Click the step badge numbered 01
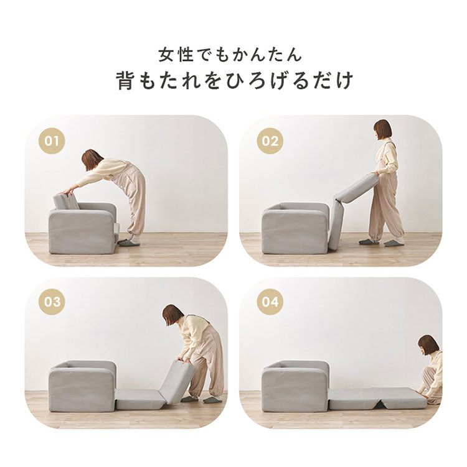(x=52, y=141)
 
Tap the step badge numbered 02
(x=270, y=141)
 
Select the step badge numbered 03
(x=52, y=302)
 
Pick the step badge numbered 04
(x=270, y=302)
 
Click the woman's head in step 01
(x=92, y=159)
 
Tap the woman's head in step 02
(x=382, y=129)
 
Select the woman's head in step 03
(x=172, y=315)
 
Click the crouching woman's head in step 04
(x=428, y=344)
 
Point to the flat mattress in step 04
(x=377, y=399)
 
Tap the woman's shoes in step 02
(x=381, y=242)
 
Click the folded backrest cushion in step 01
(x=65, y=201)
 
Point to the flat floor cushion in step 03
(x=140, y=399)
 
